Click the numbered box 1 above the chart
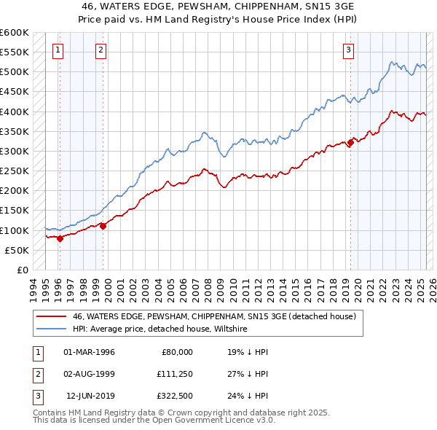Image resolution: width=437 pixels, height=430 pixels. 58,50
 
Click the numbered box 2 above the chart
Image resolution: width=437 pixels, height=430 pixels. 101,50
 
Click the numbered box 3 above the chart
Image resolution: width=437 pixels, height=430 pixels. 349,50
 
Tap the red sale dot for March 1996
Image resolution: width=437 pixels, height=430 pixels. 60,238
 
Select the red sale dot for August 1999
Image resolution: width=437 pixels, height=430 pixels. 103,226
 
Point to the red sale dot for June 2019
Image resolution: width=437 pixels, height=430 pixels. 350,143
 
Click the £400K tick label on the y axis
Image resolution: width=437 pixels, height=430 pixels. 15,112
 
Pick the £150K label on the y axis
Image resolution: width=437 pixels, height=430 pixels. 15,211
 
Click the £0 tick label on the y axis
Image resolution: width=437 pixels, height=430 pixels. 22,270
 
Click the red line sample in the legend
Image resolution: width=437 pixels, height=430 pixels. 50,316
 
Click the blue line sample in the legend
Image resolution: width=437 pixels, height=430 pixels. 50,329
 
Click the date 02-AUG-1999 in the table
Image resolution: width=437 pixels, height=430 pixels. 90,375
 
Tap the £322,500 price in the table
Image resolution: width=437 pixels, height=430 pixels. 176,397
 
